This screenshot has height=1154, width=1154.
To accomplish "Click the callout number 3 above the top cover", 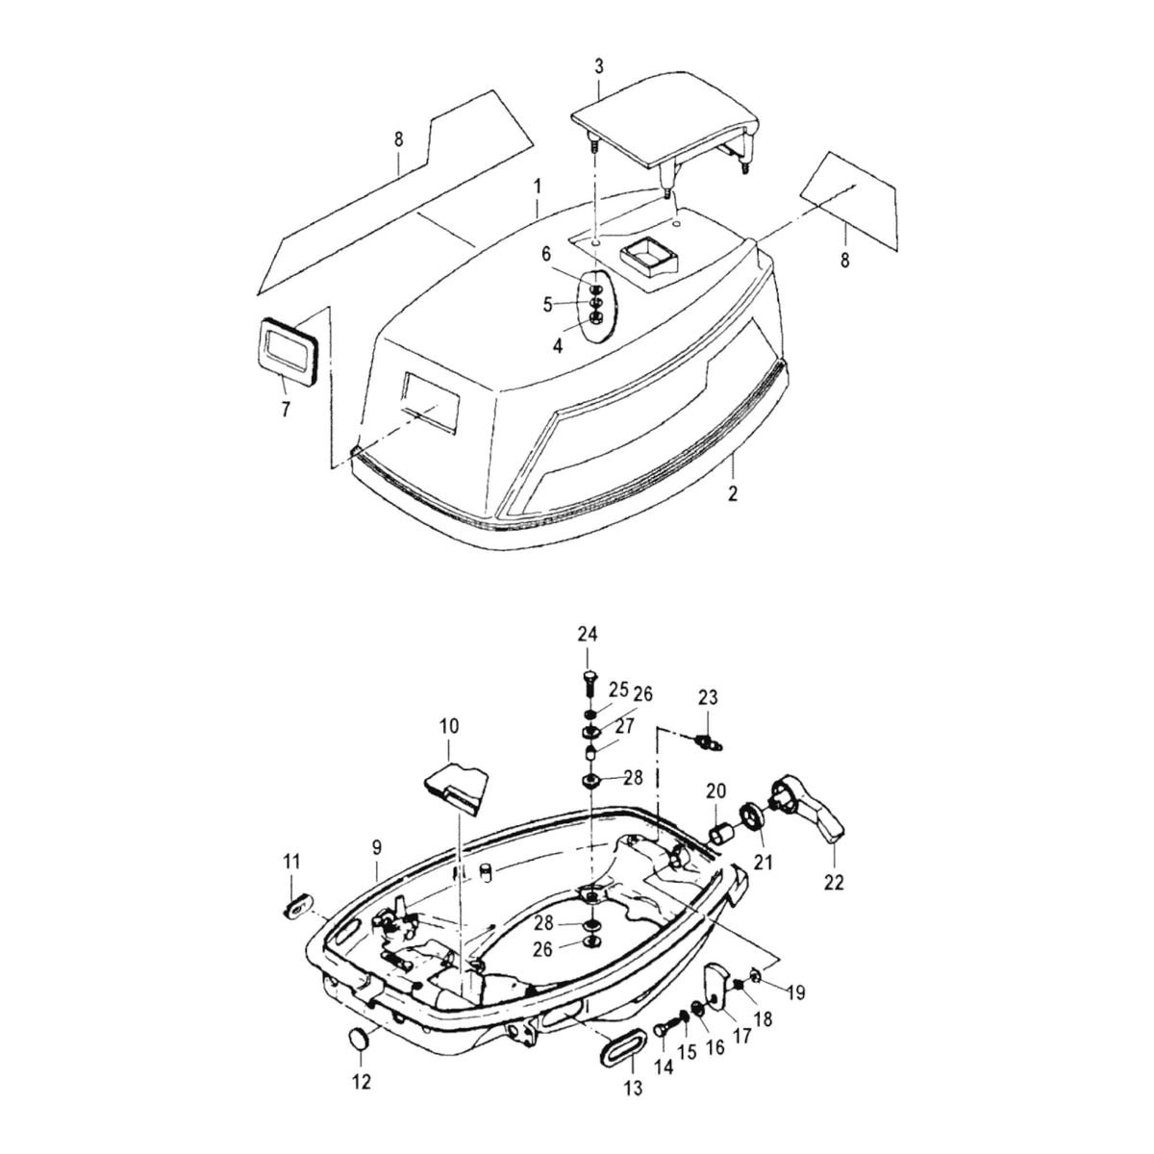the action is [599, 66].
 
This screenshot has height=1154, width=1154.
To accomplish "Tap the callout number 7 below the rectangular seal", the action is [286, 410].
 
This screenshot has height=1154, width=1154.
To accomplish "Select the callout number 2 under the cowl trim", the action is [733, 493].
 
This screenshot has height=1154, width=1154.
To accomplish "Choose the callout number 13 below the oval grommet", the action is [633, 1088].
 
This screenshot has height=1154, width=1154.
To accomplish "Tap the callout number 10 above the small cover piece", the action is [448, 726].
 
